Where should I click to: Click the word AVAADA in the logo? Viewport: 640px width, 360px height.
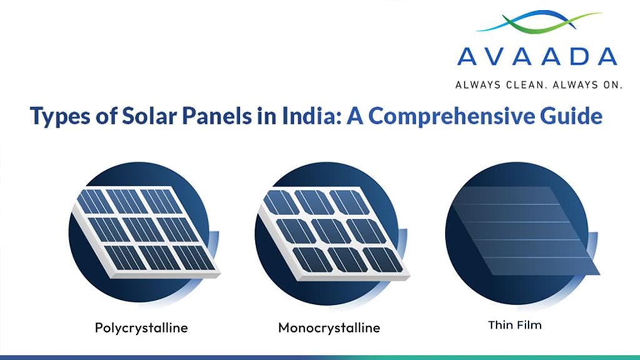[x=537, y=56]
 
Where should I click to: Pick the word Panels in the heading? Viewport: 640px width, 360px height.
[x=203, y=117]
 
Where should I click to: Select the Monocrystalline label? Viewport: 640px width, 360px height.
[x=329, y=327]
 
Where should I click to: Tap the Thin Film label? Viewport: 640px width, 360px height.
[x=516, y=325]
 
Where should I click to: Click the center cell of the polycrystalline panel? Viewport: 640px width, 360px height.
[x=143, y=229]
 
